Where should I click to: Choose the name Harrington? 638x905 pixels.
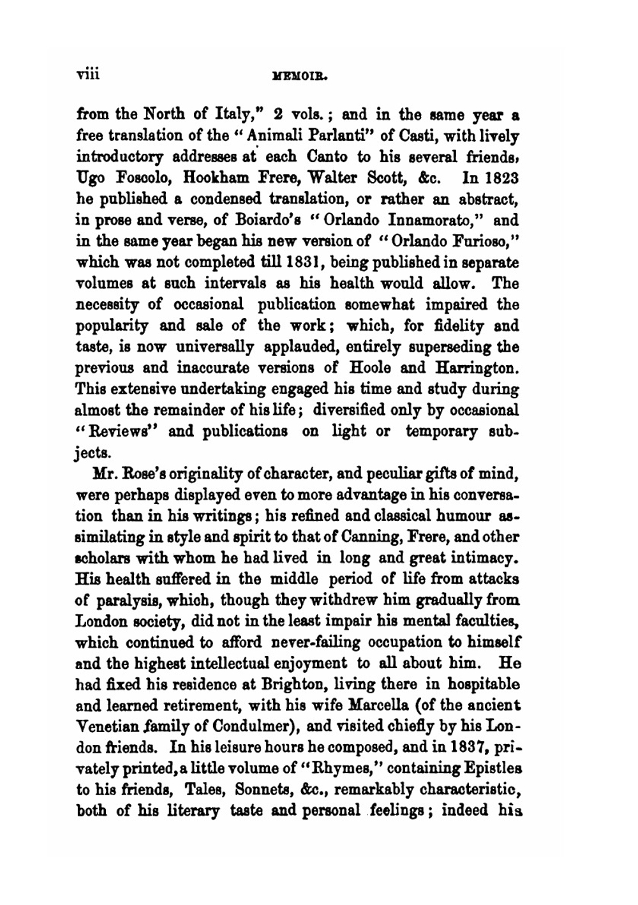(477, 368)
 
